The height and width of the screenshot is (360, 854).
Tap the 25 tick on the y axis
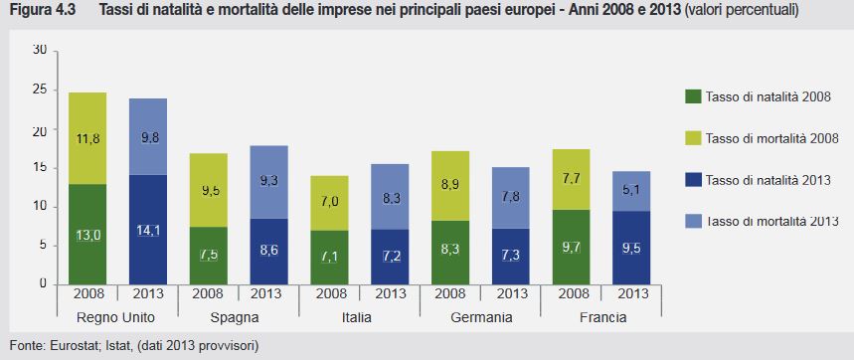tap(40, 90)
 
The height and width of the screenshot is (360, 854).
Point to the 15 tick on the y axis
tap(40, 168)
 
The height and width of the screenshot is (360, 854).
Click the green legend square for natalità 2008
tap(693, 95)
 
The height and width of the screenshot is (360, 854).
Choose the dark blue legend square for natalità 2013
tap(693, 181)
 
